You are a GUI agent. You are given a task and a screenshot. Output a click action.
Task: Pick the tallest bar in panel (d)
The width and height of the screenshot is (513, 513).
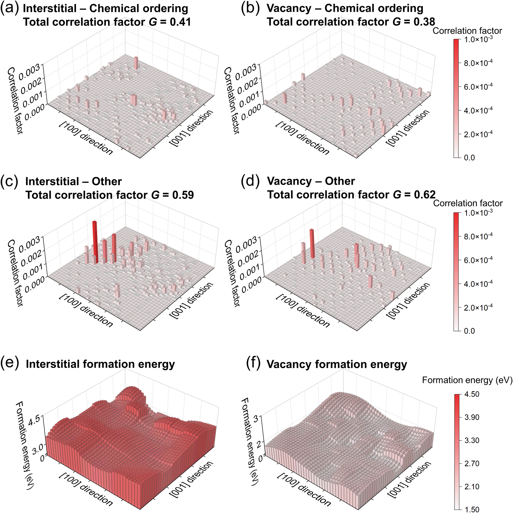tap(312, 243)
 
